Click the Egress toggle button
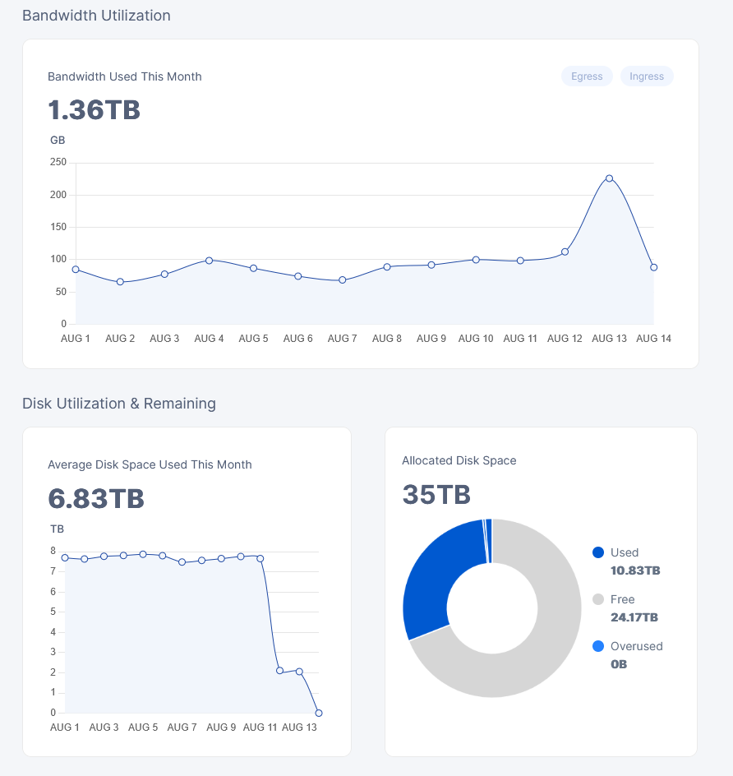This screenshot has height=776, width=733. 587,76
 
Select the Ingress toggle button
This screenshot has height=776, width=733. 647,76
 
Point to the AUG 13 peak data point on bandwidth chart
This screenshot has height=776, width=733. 610,178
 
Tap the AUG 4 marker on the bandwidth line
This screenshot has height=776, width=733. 210,261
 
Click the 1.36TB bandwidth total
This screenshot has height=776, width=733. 94,110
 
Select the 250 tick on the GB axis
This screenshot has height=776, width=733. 58,162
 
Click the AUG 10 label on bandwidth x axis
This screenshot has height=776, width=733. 476,339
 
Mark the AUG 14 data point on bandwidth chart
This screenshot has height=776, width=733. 654,267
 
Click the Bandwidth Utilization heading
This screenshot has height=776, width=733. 96,16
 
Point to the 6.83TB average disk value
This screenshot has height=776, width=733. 96,498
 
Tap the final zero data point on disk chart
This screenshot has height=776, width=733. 319,714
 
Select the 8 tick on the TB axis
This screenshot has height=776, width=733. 53,551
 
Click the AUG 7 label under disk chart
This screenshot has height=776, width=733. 182,727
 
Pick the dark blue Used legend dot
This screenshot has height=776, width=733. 598,552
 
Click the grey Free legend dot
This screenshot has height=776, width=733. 598,599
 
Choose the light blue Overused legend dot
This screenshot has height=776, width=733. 598,646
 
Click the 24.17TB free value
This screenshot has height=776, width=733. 634,617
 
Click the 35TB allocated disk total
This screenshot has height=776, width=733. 436,494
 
